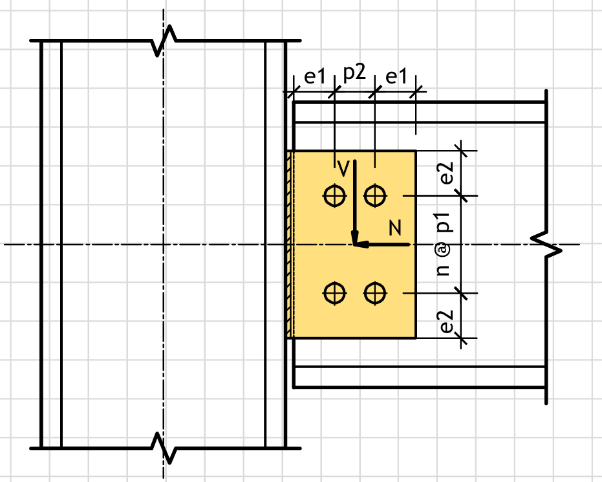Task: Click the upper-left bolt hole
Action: (334, 195)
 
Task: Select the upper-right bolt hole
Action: (375, 195)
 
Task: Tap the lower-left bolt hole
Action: (334, 293)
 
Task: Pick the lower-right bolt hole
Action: (375, 293)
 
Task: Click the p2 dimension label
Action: (354, 73)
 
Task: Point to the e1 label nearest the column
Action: (314, 77)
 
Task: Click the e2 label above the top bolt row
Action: (447, 173)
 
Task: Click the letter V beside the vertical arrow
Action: (343, 168)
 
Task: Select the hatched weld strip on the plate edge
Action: (290, 245)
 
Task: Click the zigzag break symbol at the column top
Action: (164, 41)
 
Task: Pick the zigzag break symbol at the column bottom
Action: (164, 447)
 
